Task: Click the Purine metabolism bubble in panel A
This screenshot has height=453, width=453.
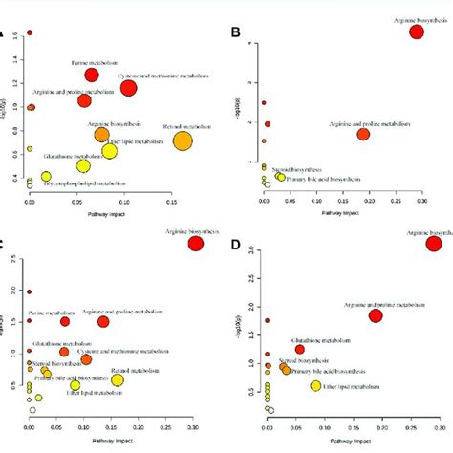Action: pyautogui.click(x=93, y=75)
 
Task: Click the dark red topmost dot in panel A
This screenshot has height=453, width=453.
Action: pyautogui.click(x=30, y=32)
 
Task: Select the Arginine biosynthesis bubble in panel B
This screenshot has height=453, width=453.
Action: pyautogui.click(x=417, y=32)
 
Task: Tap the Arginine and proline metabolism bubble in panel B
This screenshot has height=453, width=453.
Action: pyautogui.click(x=363, y=134)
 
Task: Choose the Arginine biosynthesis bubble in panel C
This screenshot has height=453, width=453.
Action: pyautogui.click(x=196, y=244)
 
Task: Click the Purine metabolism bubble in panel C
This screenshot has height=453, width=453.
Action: pyautogui.click(x=65, y=321)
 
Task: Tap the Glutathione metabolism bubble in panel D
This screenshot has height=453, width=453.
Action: pyautogui.click(x=299, y=350)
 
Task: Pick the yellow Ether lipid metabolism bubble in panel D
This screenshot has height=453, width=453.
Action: pyautogui.click(x=316, y=386)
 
